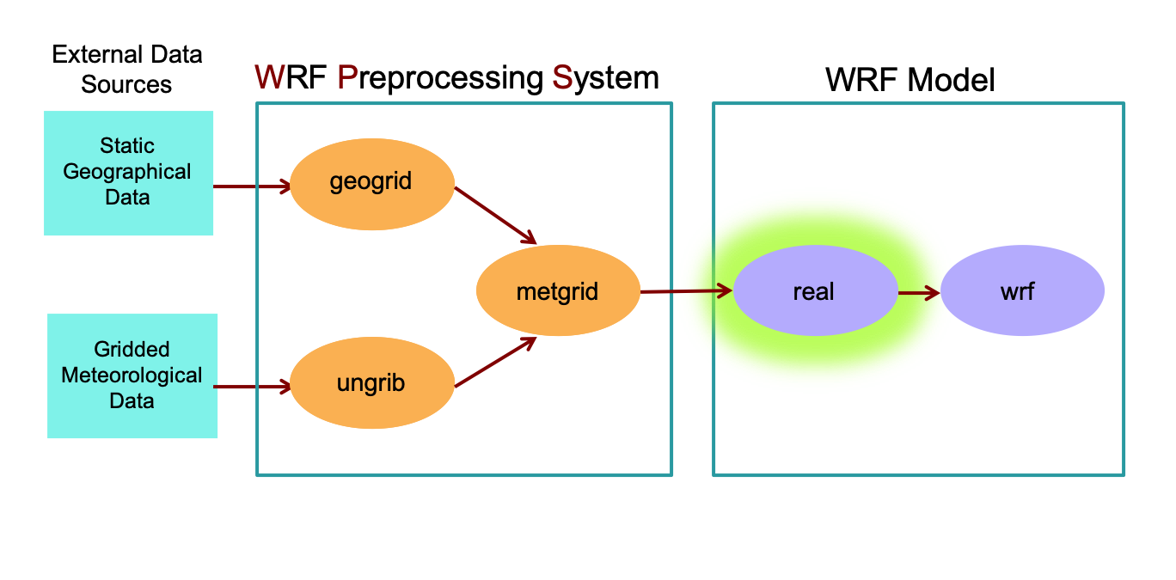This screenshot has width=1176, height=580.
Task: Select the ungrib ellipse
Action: [371, 383]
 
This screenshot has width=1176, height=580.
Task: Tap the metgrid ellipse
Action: [558, 291]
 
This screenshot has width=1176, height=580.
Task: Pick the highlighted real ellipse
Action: [815, 291]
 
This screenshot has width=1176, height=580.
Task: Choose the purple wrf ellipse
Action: [1022, 291]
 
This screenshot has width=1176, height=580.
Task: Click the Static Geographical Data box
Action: [128, 172]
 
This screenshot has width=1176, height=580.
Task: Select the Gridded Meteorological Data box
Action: [132, 375]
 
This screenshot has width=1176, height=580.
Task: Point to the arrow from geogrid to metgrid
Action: [495, 215]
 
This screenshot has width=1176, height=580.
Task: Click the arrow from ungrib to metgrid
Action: [495, 362]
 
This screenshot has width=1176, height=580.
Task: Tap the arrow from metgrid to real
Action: [686, 291]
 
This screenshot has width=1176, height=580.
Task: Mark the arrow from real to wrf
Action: [919, 293]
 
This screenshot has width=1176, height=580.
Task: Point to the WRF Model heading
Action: [910, 80]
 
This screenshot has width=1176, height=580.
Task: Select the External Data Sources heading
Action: [126, 70]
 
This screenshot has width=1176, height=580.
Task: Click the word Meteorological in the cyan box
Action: [132, 375]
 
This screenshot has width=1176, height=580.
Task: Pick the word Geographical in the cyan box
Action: [127, 172]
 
